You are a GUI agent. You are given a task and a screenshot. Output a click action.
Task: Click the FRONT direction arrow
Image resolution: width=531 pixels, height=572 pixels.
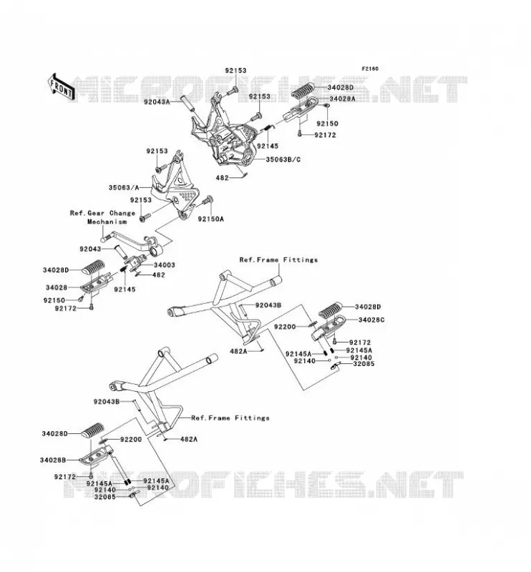coord(62,87)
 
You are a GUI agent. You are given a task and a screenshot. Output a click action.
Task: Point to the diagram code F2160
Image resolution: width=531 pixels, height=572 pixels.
coord(370,69)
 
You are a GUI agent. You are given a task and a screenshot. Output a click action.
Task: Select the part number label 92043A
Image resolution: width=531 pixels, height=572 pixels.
coord(157,102)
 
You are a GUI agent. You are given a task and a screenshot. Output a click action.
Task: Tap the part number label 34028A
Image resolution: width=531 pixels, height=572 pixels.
coord(342,99)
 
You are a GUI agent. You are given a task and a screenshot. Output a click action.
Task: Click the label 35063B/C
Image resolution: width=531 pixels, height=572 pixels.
coord(283,159)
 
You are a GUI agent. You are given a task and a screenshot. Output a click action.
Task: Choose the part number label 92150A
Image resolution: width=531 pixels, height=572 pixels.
coord(210,219)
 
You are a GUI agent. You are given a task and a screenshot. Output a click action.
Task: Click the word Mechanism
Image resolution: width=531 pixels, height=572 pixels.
coord(107,222)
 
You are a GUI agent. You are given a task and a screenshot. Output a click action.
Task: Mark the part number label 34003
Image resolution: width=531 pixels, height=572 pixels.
coord(164,265)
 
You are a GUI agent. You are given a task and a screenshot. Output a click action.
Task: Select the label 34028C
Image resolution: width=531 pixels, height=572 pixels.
coord(371,320)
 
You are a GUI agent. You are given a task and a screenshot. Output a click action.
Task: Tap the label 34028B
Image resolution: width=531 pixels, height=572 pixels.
coord(53,460)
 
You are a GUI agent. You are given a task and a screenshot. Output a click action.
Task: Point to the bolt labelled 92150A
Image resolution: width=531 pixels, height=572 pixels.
coord(208,199)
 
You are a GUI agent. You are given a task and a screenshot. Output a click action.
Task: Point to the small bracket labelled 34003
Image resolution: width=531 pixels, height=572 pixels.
coord(136,262)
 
